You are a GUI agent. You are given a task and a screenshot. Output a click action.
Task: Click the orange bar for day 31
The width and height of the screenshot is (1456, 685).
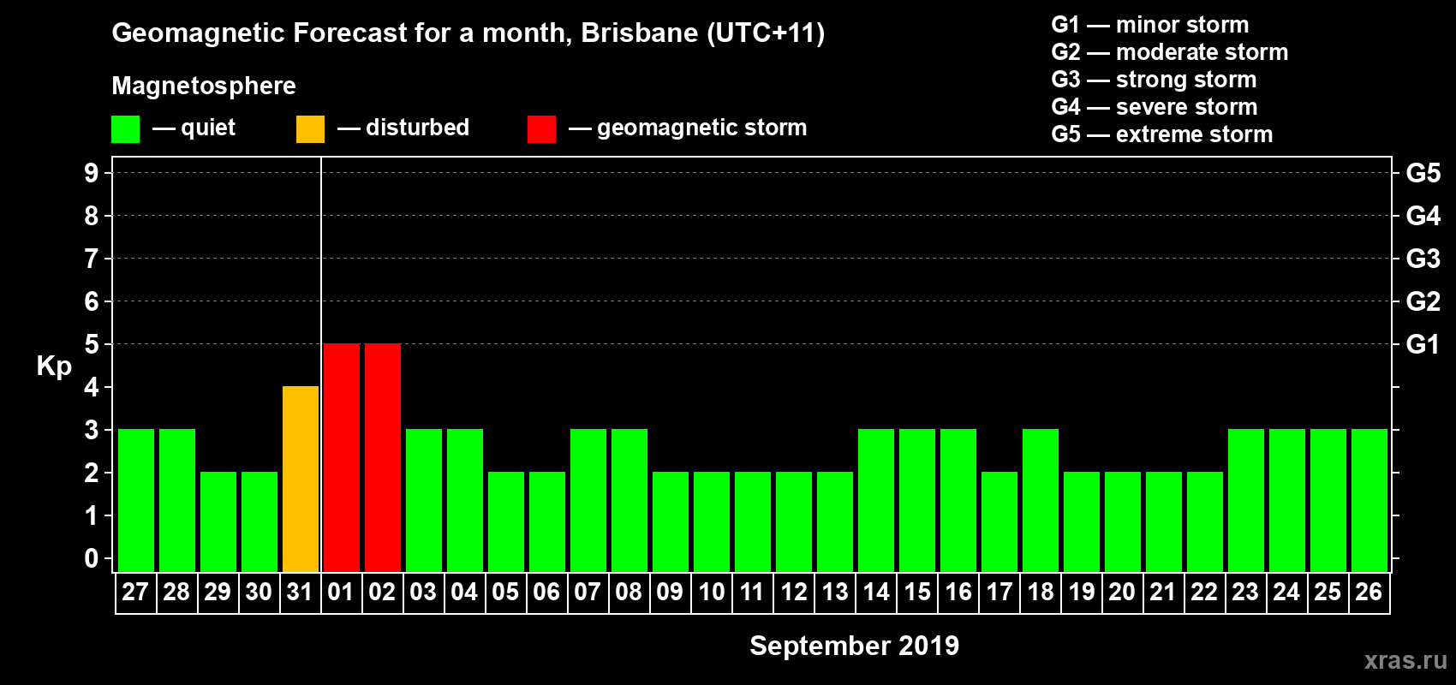coord(301,479)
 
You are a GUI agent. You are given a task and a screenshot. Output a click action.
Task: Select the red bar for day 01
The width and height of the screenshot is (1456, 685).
coord(342,457)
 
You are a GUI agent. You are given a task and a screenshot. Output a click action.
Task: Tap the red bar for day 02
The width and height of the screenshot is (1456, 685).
coord(383,457)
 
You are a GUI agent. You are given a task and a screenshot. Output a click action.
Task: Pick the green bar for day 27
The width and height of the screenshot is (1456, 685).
coord(136,500)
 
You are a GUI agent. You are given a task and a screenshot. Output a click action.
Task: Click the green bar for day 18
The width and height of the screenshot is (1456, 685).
coord(1041,500)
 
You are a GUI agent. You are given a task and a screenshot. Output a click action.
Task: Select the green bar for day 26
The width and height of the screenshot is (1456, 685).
coord(1369,500)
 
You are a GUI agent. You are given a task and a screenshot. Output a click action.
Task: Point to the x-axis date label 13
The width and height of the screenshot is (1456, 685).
coord(835,593)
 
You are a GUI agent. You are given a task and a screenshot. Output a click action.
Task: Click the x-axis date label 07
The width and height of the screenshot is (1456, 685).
coord(588,593)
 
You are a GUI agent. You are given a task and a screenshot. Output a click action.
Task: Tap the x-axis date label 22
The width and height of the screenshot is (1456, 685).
coord(1204,593)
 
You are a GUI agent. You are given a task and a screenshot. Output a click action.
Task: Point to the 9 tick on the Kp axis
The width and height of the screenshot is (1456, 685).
coord(92,173)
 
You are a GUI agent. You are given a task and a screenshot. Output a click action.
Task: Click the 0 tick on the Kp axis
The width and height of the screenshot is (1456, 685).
coord(92,558)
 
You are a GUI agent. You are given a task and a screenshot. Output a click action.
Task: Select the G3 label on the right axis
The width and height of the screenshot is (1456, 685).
coord(1423,259)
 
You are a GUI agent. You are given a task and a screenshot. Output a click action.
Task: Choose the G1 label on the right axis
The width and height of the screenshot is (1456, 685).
coord(1423,344)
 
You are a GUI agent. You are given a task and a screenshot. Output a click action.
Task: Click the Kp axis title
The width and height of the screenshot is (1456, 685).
coord(54,366)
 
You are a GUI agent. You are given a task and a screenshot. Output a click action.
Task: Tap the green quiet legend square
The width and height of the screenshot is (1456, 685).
coord(126,129)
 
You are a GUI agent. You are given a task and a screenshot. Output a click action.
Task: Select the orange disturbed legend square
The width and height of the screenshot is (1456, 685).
coord(310,129)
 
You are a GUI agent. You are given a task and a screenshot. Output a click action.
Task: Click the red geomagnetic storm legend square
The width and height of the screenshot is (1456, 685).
coord(541,129)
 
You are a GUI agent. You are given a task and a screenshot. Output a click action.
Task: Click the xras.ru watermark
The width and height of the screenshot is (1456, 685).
coord(1405,660)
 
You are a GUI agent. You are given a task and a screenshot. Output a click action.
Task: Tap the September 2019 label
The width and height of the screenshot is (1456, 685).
coord(854,646)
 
